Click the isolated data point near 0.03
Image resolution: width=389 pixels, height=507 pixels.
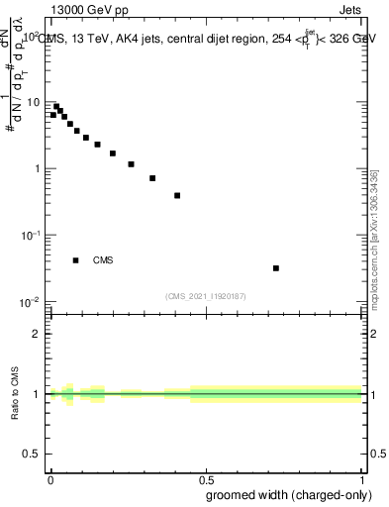coord(276,267)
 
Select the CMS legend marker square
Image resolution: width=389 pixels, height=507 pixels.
coord(76,260)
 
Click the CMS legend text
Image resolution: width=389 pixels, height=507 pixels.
coord(103,260)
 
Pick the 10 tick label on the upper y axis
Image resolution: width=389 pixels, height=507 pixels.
coord(33,102)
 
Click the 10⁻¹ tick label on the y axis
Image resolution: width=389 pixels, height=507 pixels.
coord(31,235)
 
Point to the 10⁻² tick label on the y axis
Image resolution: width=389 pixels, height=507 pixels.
coord(31,301)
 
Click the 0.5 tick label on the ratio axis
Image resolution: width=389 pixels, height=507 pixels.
coord(32,455)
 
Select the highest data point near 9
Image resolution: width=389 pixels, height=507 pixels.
coord(56,106)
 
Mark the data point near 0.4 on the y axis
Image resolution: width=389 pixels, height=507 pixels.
coord(177,195)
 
